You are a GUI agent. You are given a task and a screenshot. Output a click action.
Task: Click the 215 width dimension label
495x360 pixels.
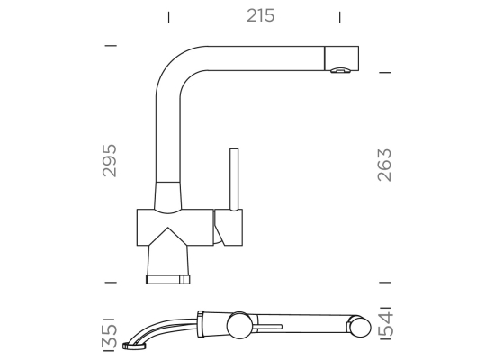point(260,16)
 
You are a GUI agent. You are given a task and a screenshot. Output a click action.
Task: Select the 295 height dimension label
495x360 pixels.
point(110,160)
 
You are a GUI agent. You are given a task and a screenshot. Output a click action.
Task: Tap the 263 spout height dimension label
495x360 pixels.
point(384,165)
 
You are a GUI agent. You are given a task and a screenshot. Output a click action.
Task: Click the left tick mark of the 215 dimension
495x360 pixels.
point(169,17)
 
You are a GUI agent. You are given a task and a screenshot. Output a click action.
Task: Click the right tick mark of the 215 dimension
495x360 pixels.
point(339,17)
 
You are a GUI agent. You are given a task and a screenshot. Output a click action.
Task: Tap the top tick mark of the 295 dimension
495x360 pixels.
point(111,46)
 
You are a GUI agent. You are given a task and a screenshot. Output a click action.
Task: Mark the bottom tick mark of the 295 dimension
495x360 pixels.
point(111,282)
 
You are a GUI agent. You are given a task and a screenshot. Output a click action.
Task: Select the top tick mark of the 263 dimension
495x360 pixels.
point(385,73)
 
